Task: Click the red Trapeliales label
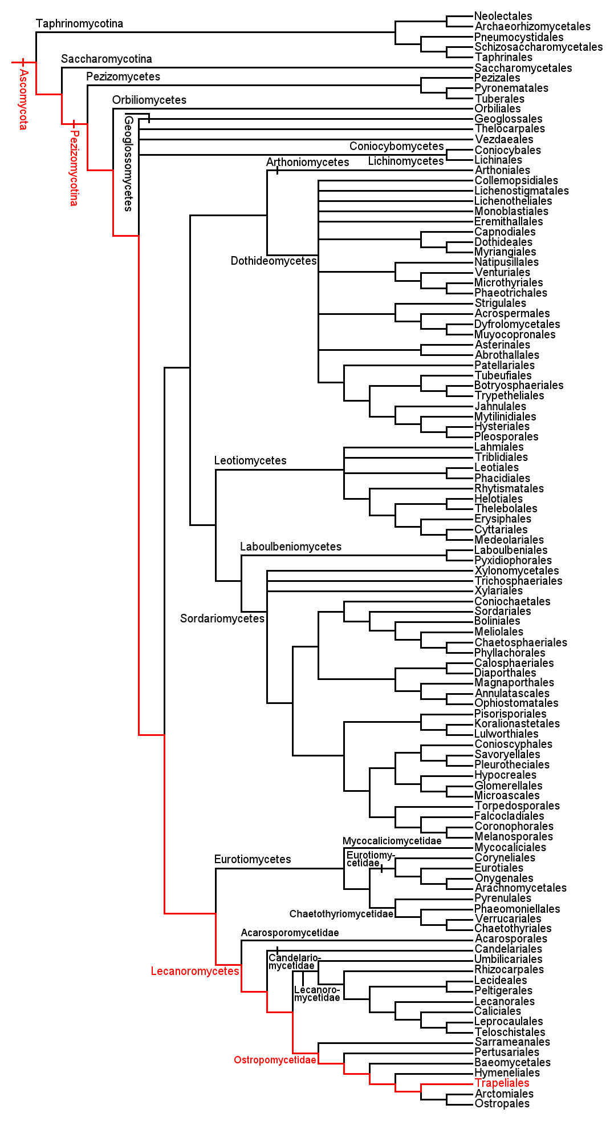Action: [x=502, y=1083]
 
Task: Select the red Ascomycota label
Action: [x=23, y=99]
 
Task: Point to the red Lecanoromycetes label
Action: [x=195, y=971]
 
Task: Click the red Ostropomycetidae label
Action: [x=275, y=1060]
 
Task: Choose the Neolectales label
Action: [x=503, y=16]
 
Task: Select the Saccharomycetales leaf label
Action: [x=523, y=68]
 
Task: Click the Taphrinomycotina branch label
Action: [x=79, y=23]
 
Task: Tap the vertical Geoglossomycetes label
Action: [x=129, y=164]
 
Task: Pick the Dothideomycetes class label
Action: [x=274, y=261]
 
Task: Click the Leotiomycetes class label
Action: [x=250, y=460]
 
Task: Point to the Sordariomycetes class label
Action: [x=222, y=618]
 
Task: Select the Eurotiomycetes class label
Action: [x=253, y=859]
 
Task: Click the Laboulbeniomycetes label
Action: [x=291, y=547]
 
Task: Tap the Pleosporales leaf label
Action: [x=506, y=436]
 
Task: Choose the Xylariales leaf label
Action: [x=498, y=590]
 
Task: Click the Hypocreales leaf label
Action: [x=505, y=775]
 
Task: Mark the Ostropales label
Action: [x=502, y=1103]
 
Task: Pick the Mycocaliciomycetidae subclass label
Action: [x=392, y=841]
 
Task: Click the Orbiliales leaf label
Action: [x=497, y=108]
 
